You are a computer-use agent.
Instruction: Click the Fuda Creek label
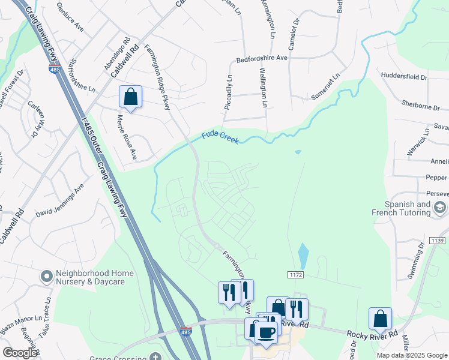point(220,137)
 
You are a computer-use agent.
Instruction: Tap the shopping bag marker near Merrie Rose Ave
point(130,97)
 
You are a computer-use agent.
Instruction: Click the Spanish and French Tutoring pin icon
point(440,208)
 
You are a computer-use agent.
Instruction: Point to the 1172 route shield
point(295,274)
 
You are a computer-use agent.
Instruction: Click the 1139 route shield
point(438,241)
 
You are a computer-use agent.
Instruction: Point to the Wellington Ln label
point(264,88)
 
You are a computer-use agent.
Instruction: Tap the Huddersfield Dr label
point(404,77)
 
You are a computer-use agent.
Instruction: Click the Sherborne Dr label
point(421,106)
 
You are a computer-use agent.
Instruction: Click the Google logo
point(20,353)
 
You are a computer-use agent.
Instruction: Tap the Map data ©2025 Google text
point(411,355)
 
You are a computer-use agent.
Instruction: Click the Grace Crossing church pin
point(155,358)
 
